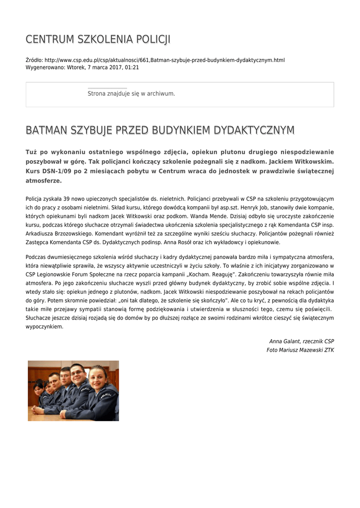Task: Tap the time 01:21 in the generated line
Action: (132, 67)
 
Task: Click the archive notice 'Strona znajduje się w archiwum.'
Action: (131, 93)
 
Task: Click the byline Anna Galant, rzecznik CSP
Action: (301, 341)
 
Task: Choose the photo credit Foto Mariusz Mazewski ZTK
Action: (300, 350)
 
